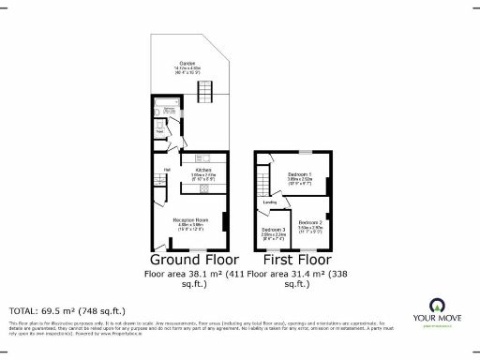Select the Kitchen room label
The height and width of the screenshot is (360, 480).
point(202,170)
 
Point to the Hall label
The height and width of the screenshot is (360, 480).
point(166,170)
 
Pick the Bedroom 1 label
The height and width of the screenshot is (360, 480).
point(300,175)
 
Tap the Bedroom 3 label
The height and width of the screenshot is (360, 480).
point(274,230)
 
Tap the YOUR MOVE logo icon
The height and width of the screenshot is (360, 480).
point(436,304)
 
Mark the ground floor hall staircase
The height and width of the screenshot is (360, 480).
point(158,187)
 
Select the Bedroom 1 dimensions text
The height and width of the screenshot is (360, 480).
point(300,183)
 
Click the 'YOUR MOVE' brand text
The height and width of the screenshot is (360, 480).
point(437,318)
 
